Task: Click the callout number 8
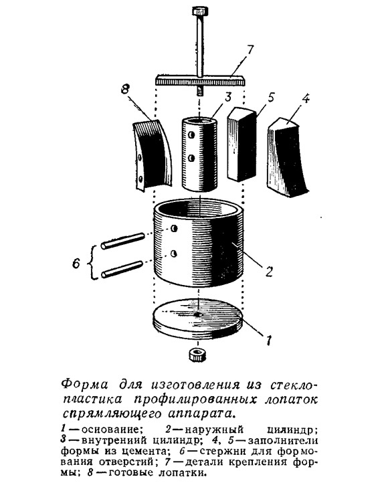point(124,90)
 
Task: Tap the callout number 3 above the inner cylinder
point(228,97)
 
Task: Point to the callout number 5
point(270,97)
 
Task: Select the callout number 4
point(305,98)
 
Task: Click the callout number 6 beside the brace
point(76,264)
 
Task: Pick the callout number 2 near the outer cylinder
point(268,272)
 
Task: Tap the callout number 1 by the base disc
point(268,340)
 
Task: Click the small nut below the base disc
point(197,355)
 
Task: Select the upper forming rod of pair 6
point(123,241)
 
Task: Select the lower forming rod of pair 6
point(122,270)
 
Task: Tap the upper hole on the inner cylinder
point(192,136)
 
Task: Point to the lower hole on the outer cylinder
point(174,254)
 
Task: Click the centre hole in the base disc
point(197,314)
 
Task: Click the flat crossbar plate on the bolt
point(200,81)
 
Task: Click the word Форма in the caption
point(85,385)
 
